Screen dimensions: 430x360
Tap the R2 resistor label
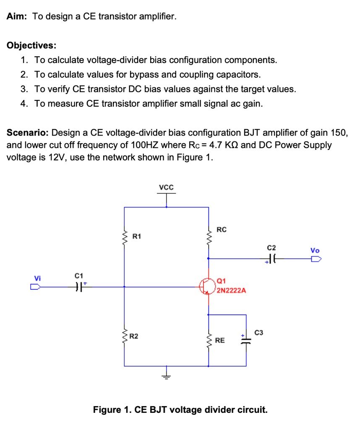[x=134, y=336]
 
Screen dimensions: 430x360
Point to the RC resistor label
[x=222, y=229]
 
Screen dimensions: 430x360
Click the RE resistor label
[x=220, y=341]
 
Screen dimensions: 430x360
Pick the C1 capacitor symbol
[x=78, y=287]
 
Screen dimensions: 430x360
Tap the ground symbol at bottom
[x=167, y=376]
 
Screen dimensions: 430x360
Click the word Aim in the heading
[x=16, y=17]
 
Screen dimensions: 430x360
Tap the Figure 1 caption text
[x=180, y=409]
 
